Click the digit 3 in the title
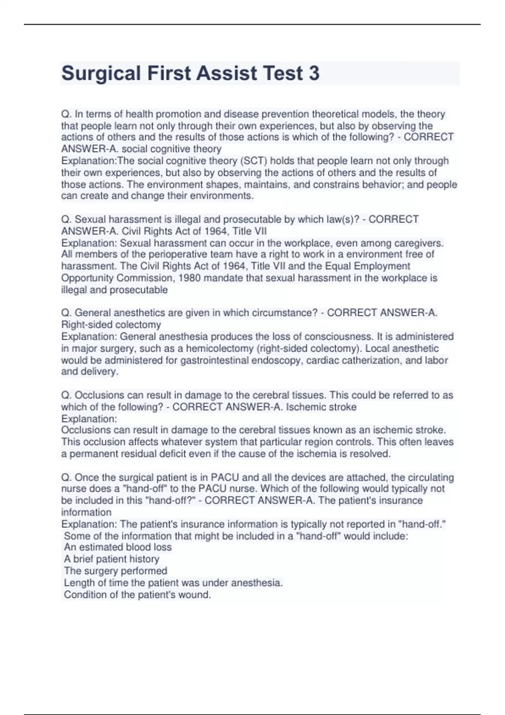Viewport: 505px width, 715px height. [314, 73]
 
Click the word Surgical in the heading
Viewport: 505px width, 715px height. [101, 73]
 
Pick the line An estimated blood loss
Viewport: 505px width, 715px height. [118, 547]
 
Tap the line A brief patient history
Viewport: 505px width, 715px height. [112, 559]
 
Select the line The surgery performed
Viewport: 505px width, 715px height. [116, 571]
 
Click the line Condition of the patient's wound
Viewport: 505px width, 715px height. [138, 595]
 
